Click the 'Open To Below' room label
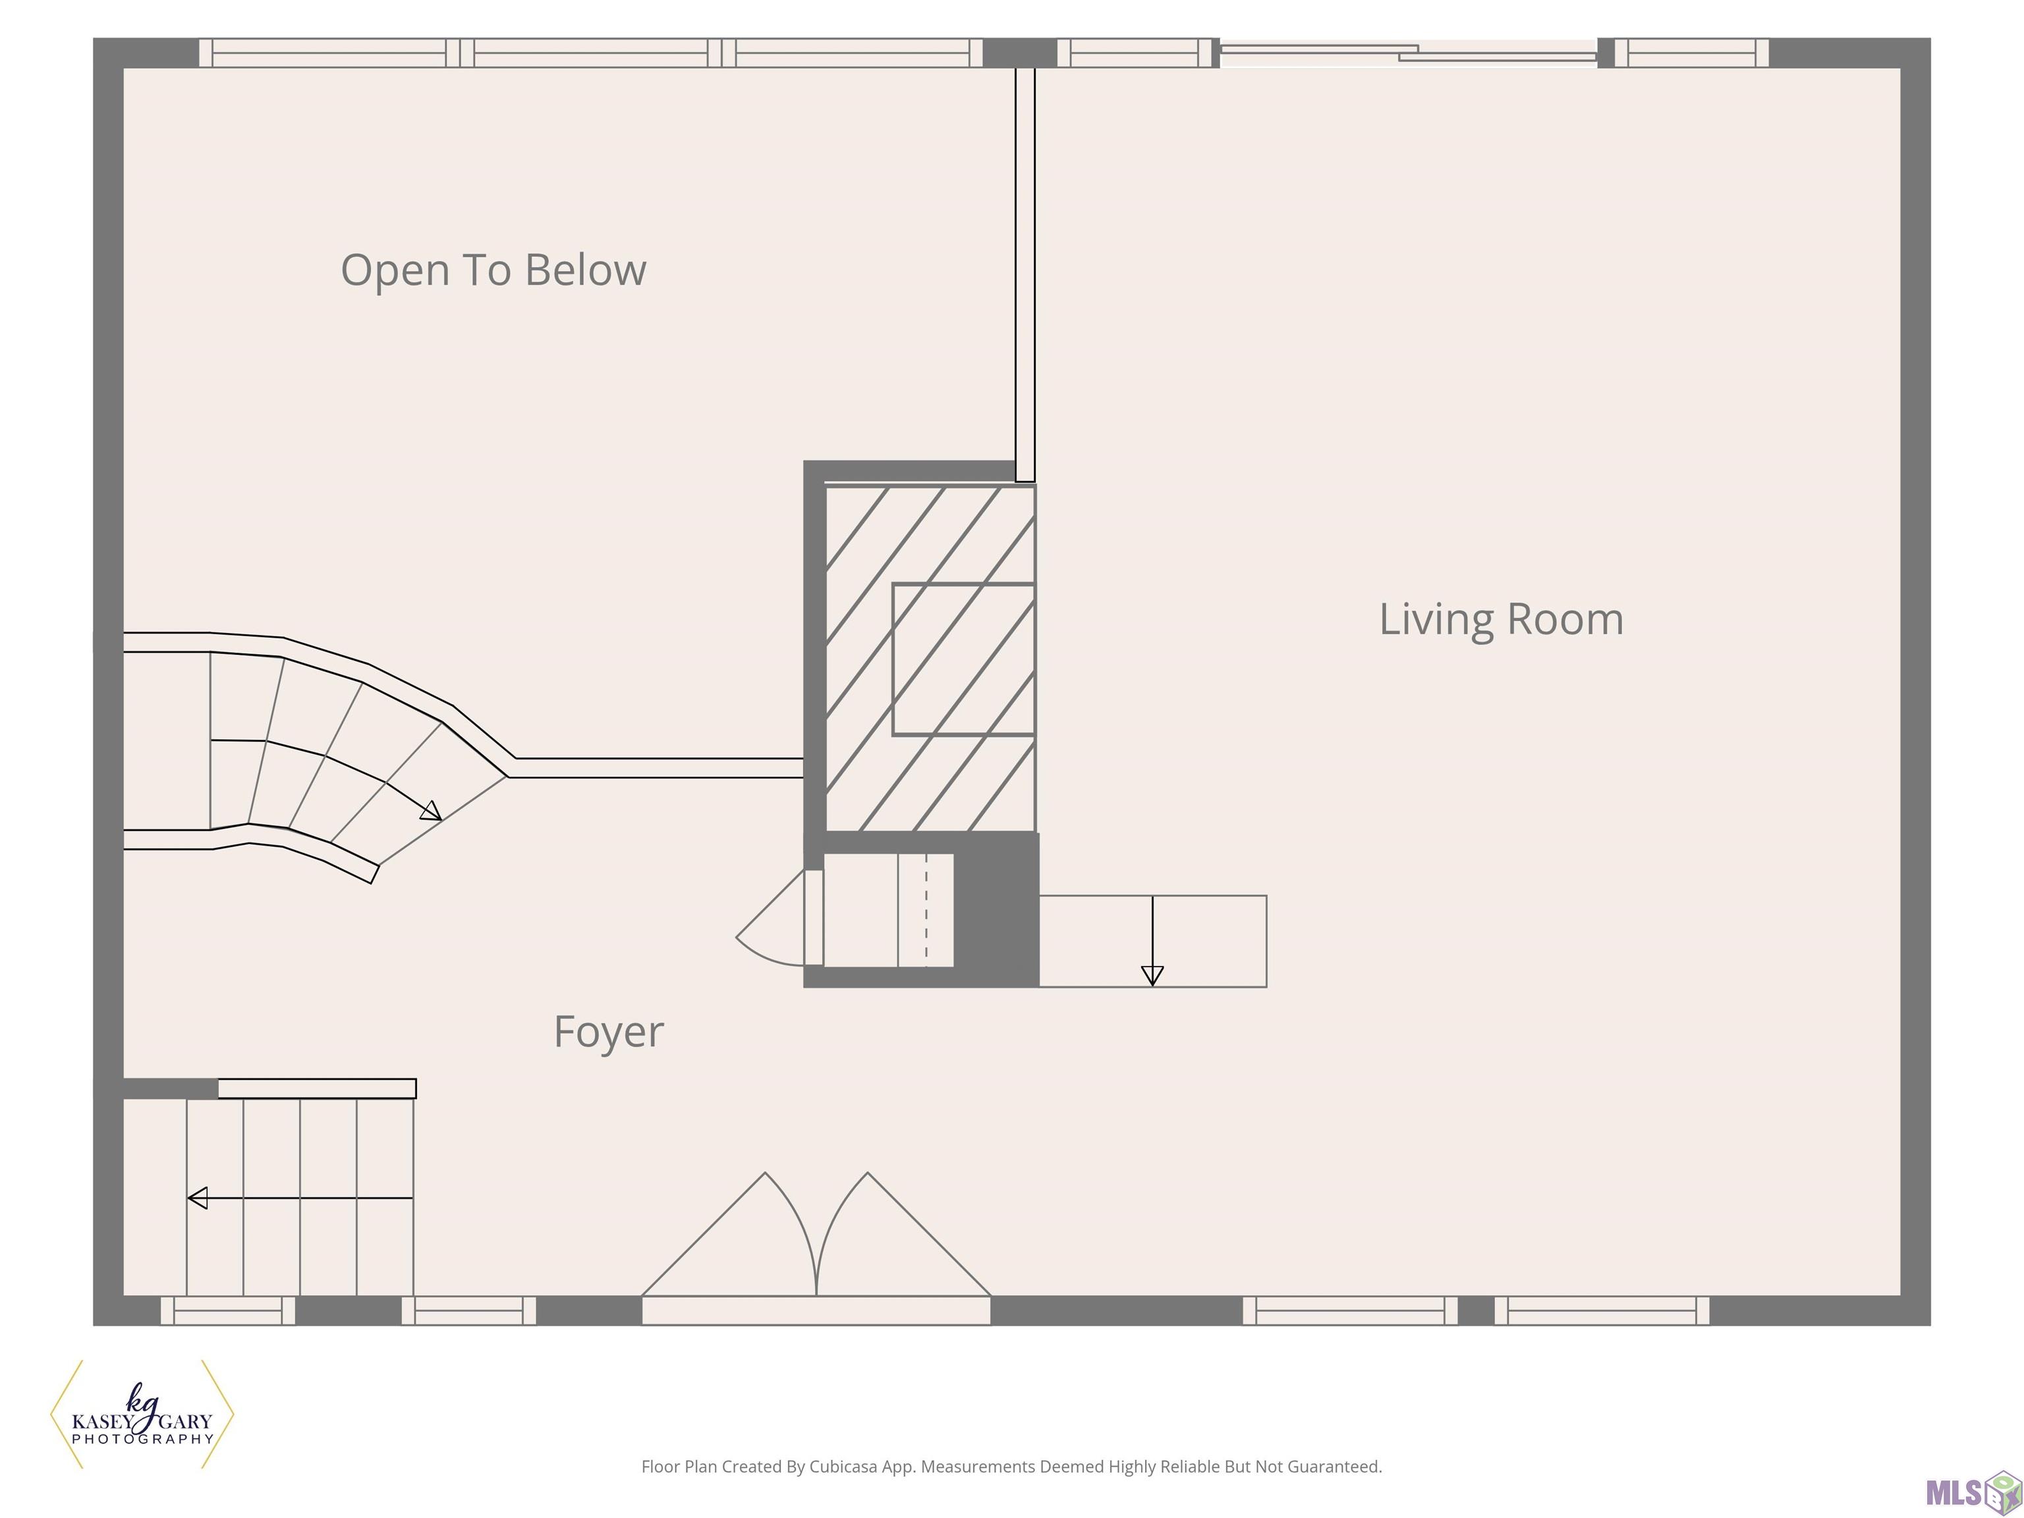pos(493,271)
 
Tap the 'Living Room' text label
pos(1501,619)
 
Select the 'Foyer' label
pos(609,1033)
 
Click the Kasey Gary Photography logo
pos(142,1415)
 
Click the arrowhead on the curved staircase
pos(431,810)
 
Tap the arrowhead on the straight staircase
pos(197,1198)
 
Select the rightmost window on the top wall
pos(1692,53)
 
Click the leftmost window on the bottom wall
pos(228,1310)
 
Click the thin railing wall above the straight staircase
pos(317,1088)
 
